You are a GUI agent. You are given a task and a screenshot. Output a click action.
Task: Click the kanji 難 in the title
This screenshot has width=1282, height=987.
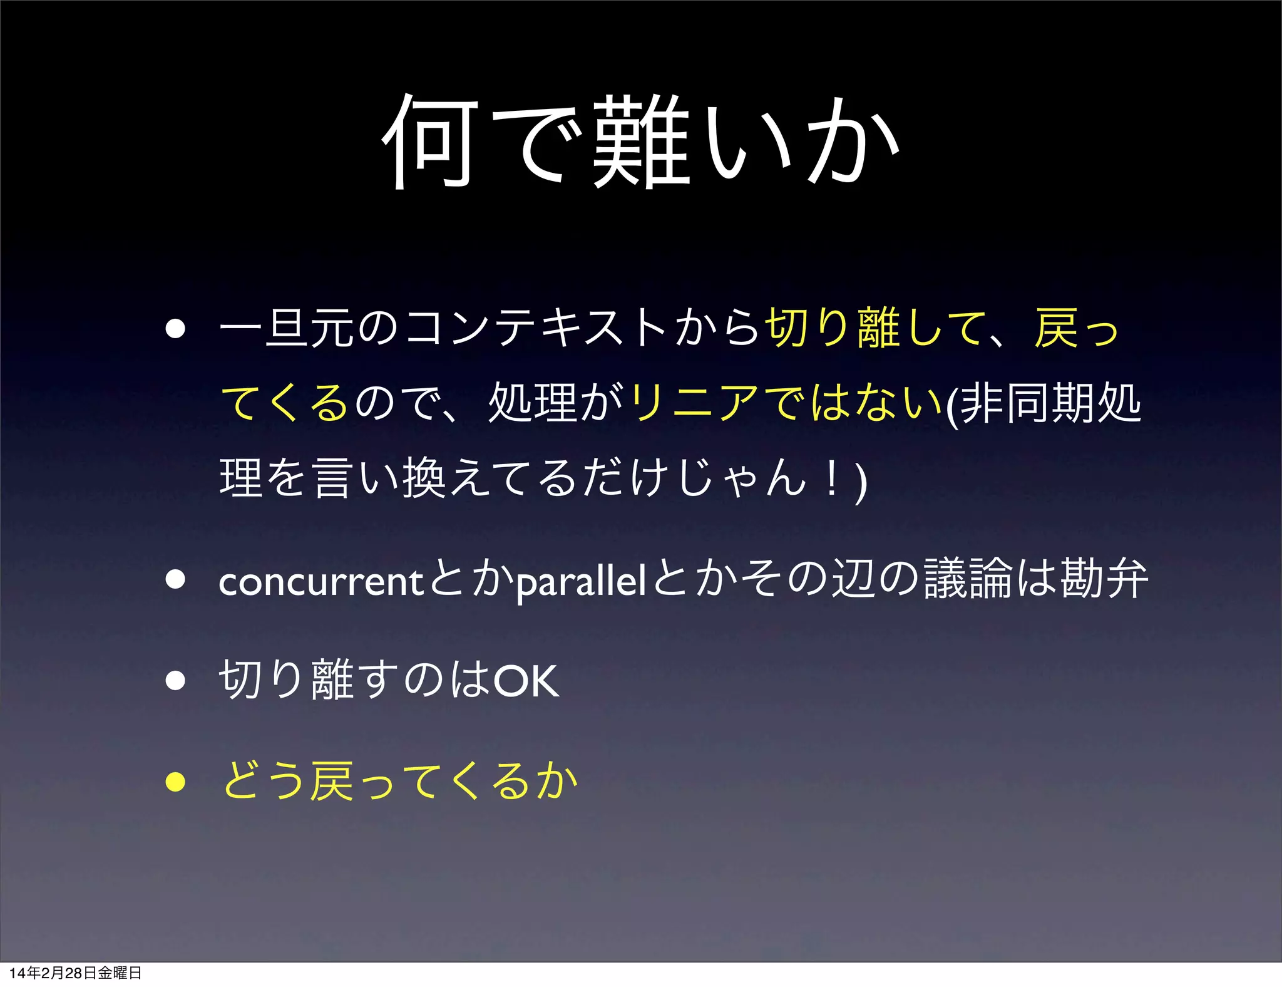[640, 142]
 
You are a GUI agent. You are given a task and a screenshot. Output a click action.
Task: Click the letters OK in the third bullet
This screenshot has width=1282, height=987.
[526, 681]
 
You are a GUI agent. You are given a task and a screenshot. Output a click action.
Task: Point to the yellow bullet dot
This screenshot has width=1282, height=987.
[176, 782]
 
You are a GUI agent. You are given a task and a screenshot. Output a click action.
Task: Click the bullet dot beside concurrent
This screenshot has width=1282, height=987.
[176, 580]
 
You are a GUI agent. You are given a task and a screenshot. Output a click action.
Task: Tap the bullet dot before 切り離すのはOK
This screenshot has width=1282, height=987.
[176, 681]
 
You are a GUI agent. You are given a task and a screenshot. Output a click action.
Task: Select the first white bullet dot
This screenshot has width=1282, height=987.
[176, 328]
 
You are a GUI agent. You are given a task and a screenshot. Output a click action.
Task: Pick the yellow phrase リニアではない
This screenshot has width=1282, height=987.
[786, 403]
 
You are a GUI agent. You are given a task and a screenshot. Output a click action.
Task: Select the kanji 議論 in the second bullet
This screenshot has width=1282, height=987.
[968, 579]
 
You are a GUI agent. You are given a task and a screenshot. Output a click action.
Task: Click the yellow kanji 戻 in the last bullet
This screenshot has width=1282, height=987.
[332, 782]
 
